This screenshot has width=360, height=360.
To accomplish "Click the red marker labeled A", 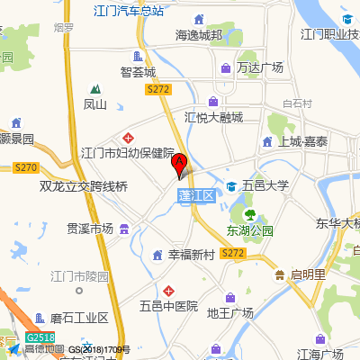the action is tap(179, 164).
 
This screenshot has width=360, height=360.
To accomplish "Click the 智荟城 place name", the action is tap(138, 71).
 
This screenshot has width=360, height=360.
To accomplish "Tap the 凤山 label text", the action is tap(95, 104).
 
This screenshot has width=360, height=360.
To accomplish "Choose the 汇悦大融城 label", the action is tap(213, 117).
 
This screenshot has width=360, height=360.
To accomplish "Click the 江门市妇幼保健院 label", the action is tap(127, 154).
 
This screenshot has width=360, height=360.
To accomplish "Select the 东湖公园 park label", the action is tap(250, 230).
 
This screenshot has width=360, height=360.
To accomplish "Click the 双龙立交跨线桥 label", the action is tap(85, 187).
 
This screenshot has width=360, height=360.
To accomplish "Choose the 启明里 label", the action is tap(305, 274).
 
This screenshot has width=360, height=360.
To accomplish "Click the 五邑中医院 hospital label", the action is tap(167, 306).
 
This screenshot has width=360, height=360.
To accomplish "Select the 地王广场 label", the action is tap(230, 313).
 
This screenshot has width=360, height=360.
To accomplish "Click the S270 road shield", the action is tap(26, 167).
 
